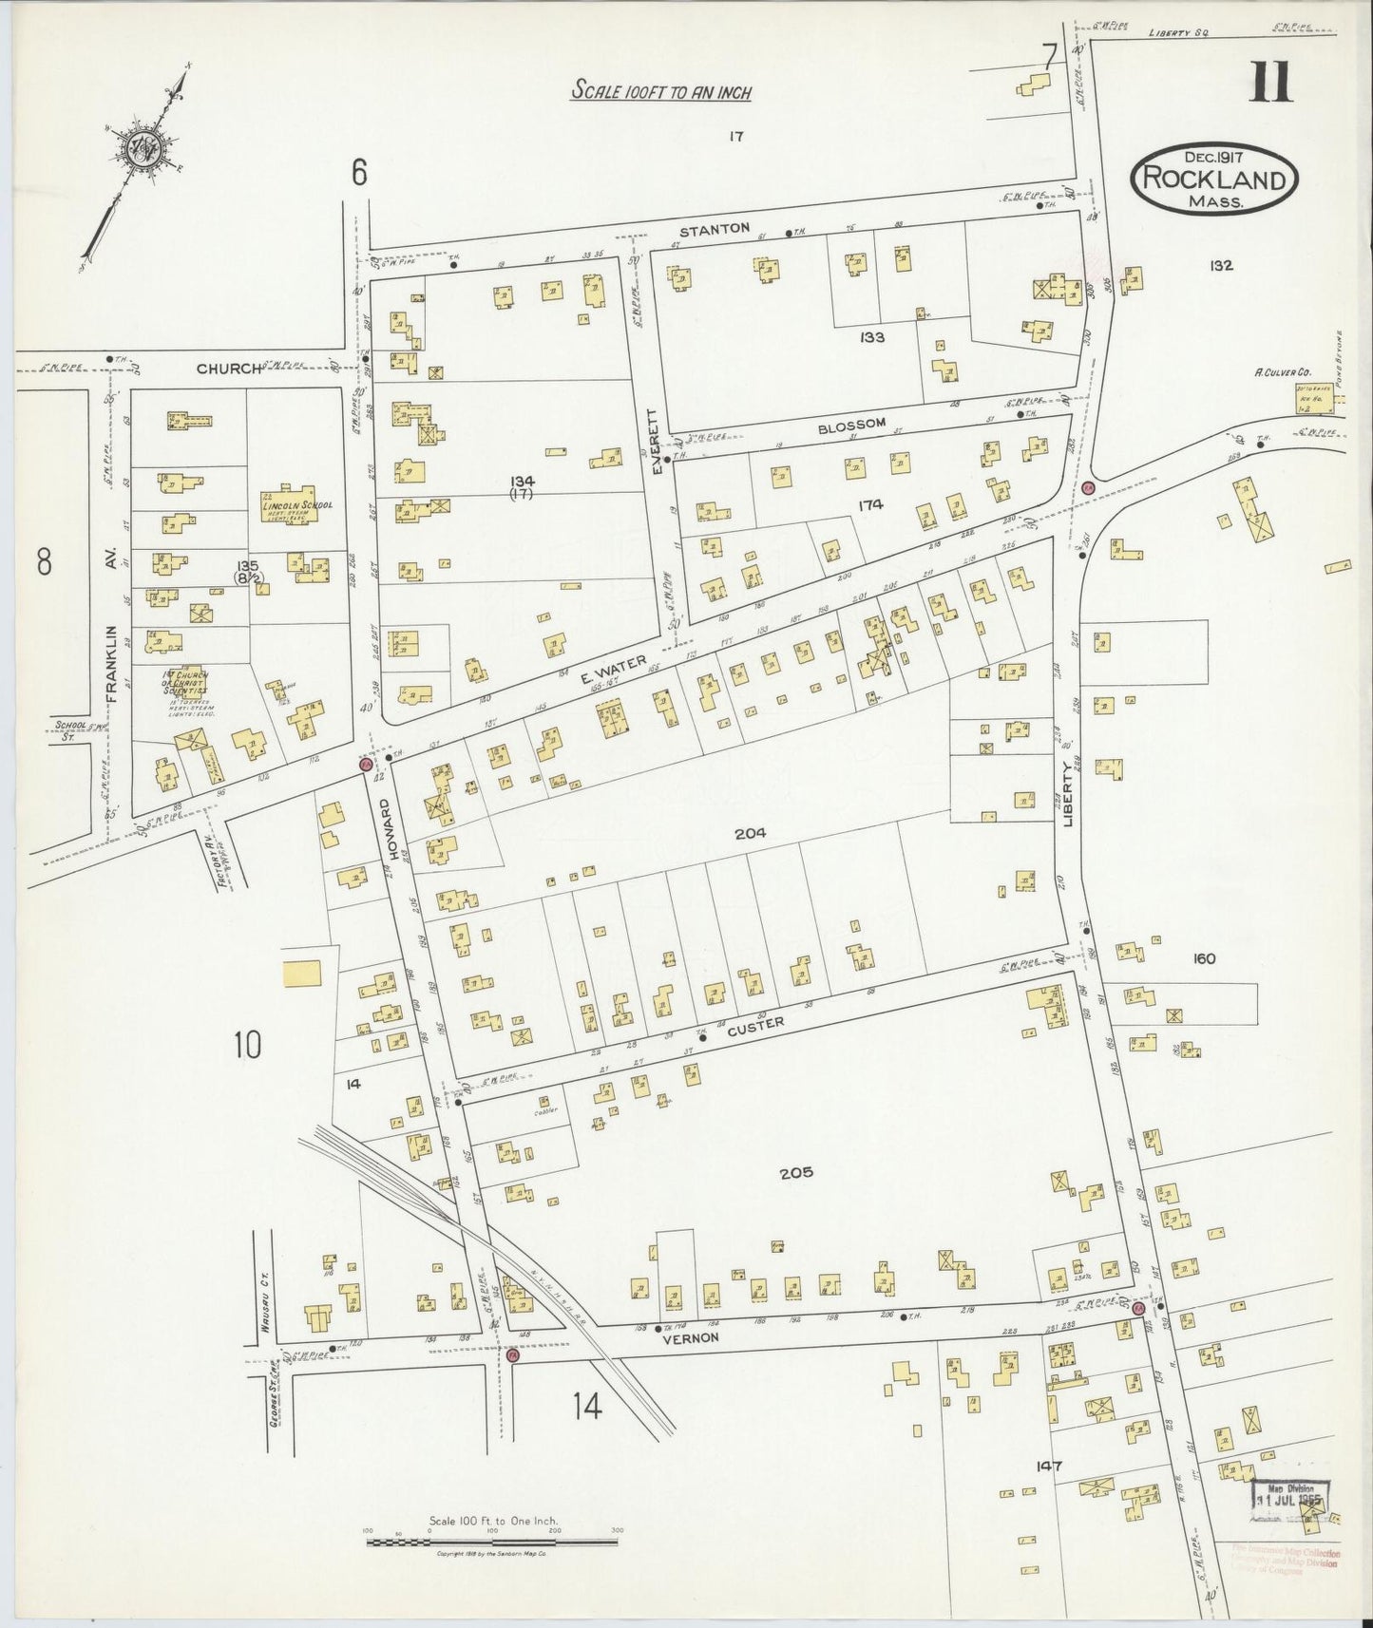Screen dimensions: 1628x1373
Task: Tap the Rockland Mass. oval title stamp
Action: (x=1213, y=178)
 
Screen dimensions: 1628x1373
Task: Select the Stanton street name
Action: (x=729, y=228)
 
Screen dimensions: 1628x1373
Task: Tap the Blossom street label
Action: (x=864, y=423)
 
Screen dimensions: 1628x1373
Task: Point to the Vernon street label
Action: (x=698, y=1335)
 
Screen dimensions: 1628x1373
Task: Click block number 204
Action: (x=750, y=833)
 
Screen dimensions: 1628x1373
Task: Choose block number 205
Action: (x=795, y=1172)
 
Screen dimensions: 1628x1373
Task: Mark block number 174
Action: (x=869, y=505)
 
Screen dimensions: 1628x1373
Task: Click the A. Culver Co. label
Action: (x=1283, y=372)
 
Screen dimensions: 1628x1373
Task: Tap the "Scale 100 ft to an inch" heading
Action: (x=660, y=92)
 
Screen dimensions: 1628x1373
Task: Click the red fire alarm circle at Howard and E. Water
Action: (x=364, y=763)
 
